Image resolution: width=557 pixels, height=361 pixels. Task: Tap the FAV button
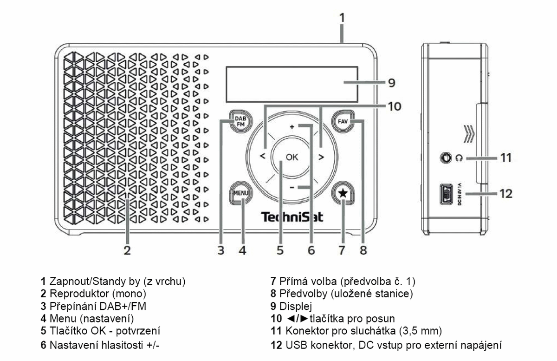pyautogui.click(x=343, y=121)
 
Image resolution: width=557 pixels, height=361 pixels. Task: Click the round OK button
pyautogui.click(x=292, y=157)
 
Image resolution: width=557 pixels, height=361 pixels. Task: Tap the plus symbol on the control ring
pyautogui.click(x=292, y=126)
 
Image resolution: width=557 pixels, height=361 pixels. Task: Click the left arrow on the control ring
pyautogui.click(x=263, y=157)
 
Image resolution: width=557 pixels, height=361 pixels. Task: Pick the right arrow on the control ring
pyautogui.click(x=321, y=157)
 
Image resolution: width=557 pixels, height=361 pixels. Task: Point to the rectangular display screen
pyautogui.click(x=292, y=84)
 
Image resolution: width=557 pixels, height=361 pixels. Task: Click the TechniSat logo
pyautogui.click(x=292, y=217)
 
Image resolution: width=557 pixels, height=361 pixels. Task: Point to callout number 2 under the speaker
pyautogui.click(x=127, y=250)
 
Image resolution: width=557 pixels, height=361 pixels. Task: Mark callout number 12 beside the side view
pyautogui.click(x=504, y=193)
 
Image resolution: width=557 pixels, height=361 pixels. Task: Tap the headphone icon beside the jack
pyautogui.click(x=460, y=158)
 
